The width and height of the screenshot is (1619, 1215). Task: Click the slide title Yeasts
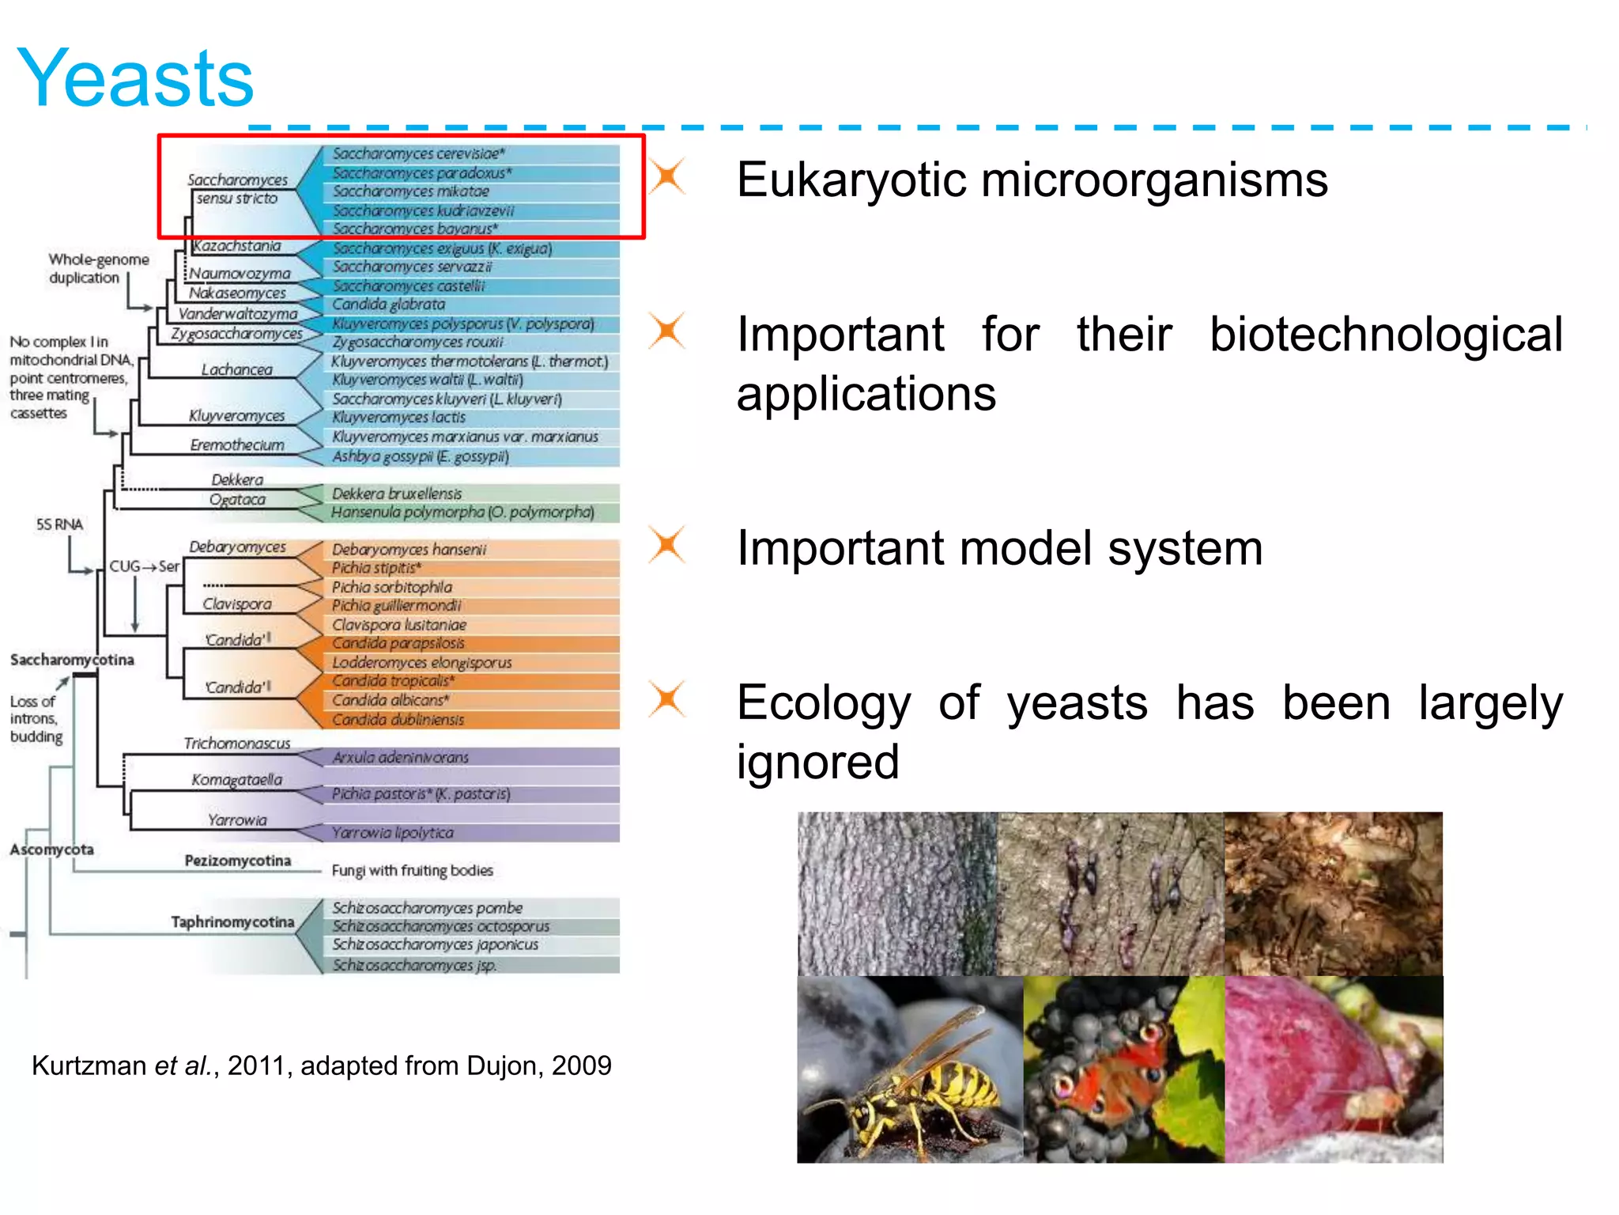pos(135,78)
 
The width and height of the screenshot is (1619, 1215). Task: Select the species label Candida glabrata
pos(388,305)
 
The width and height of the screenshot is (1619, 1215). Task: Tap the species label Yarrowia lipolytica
pos(392,832)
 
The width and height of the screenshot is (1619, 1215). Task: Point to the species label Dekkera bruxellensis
pos(396,494)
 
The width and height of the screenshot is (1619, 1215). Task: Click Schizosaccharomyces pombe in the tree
pos(427,907)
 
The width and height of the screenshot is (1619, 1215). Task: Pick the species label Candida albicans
pos(390,700)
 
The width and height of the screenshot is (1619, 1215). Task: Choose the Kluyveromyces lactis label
pos(398,417)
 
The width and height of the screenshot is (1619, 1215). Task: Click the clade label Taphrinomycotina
pos(232,922)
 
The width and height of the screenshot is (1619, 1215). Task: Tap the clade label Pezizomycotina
pos(237,861)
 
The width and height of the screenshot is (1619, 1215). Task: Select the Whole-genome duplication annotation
pos(98,268)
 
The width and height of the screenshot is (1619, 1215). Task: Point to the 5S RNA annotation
pos(59,524)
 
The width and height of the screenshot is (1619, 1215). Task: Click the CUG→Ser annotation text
pos(144,566)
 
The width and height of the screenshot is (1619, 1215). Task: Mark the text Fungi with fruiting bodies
pos(412,870)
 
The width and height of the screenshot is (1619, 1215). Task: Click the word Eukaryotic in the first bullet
pos(851,180)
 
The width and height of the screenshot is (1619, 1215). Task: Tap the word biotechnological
pos(1386,334)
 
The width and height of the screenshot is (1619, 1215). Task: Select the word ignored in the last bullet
pos(817,762)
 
